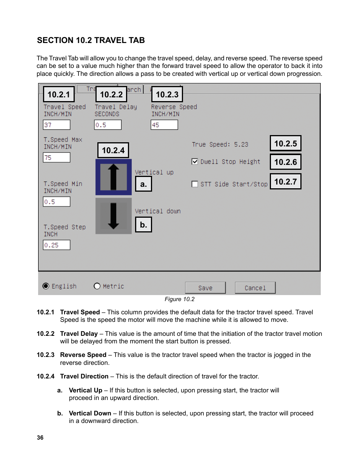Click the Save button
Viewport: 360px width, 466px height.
(x=205, y=288)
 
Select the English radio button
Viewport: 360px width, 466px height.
(x=46, y=286)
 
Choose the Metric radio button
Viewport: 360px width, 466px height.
(x=97, y=286)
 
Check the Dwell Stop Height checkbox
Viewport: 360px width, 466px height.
(x=195, y=161)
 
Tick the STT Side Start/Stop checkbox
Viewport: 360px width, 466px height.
(x=195, y=184)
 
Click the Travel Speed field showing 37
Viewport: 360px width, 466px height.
(x=57, y=125)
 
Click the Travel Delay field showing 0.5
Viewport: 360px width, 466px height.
(x=108, y=125)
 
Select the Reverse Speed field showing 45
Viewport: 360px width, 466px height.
(x=164, y=125)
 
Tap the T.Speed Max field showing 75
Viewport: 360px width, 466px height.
(x=57, y=158)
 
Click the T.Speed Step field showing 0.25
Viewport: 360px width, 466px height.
(x=57, y=245)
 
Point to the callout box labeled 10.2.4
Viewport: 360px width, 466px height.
(x=113, y=150)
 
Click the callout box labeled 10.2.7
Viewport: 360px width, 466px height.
(x=285, y=181)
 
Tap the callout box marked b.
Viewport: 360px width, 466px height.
(x=143, y=225)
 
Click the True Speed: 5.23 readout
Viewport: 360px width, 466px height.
(x=220, y=145)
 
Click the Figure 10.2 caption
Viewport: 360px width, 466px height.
(x=180, y=299)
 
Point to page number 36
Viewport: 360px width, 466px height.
(x=40, y=438)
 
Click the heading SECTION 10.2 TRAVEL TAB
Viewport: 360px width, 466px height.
(x=91, y=40)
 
